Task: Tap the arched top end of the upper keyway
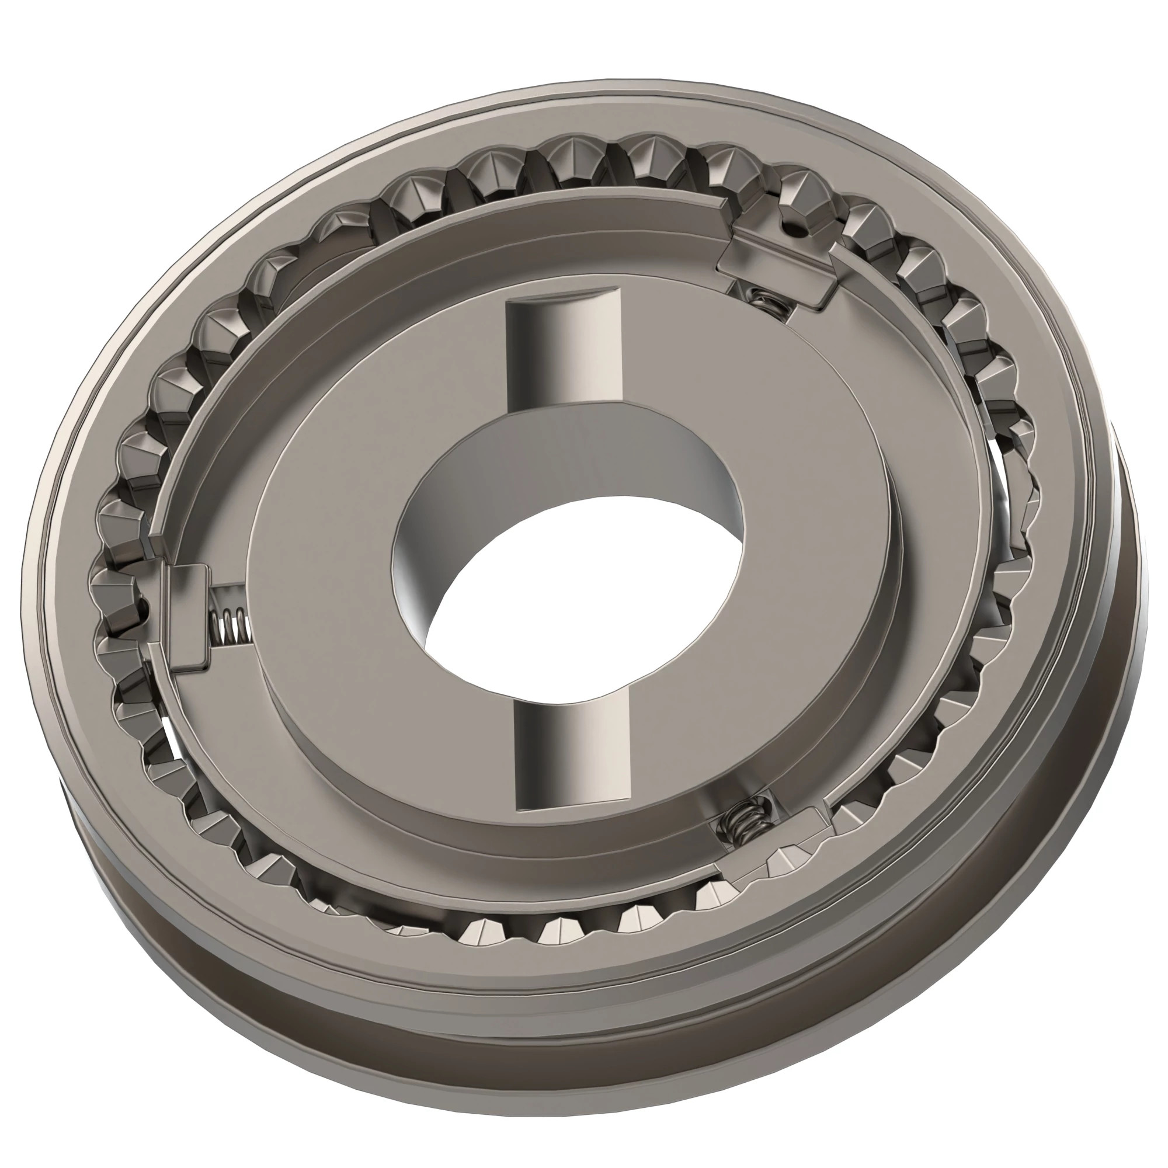point(562,299)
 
